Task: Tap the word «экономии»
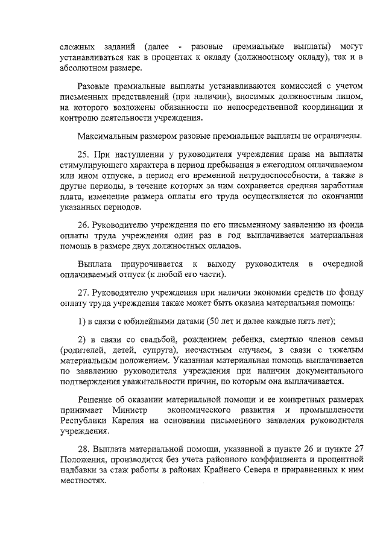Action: click(x=246, y=291)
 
